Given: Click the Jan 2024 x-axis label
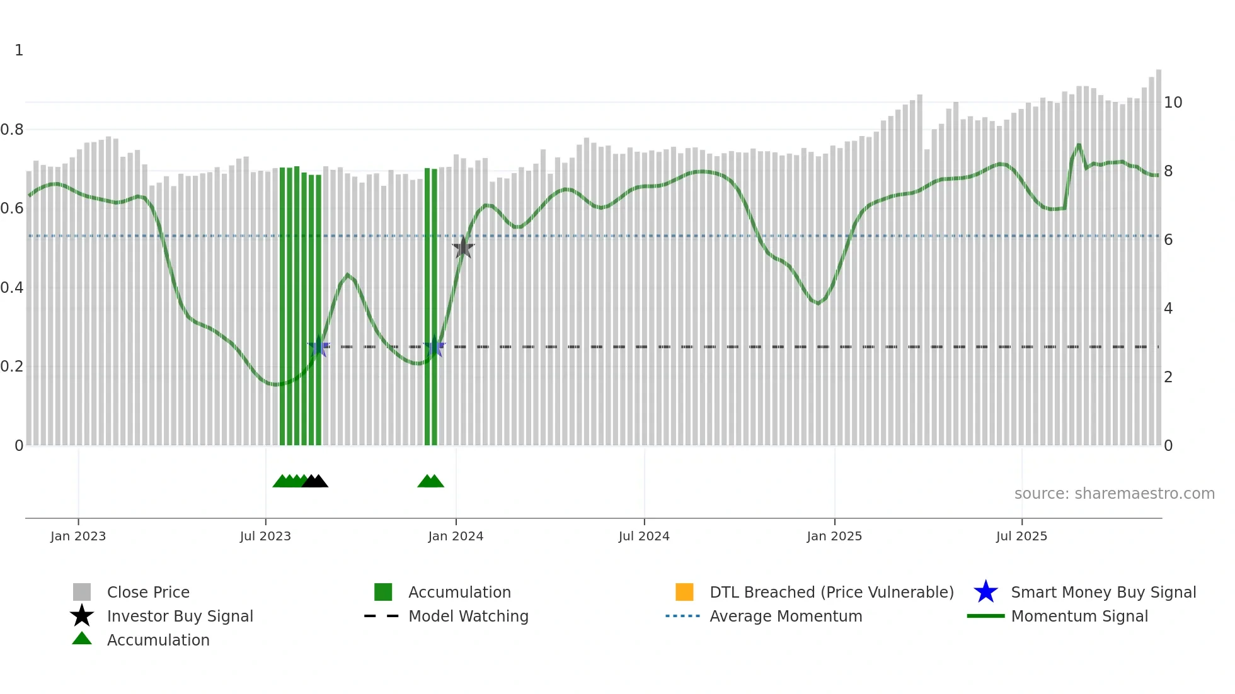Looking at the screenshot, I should point(456,536).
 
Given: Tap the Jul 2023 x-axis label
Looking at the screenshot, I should point(265,536).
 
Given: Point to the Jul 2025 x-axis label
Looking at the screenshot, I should point(1021,536).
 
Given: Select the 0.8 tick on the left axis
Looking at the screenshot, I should point(12,130).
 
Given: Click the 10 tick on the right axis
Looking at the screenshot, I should point(1173,103).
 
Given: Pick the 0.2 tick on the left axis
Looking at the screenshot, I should point(12,367).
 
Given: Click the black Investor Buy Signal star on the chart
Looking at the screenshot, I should point(463,247).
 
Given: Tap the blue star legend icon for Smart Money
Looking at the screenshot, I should point(985,592).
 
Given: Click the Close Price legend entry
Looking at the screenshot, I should point(148,592).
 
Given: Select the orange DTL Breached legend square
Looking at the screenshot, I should point(684,592).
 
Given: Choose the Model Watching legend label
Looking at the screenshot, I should point(468,616).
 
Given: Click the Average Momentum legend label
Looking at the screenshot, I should point(786,616).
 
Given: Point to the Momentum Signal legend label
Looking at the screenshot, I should point(1079,616).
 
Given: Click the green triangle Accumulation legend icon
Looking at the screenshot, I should point(82,639).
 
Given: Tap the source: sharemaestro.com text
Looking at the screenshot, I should point(1114,494).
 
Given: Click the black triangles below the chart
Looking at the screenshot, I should point(315,481).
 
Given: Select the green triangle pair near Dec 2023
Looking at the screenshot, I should point(431,481).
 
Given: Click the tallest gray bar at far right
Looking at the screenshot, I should point(1158,252).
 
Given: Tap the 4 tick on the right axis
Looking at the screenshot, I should point(1168,309).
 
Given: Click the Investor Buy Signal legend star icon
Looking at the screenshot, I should point(82,616).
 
